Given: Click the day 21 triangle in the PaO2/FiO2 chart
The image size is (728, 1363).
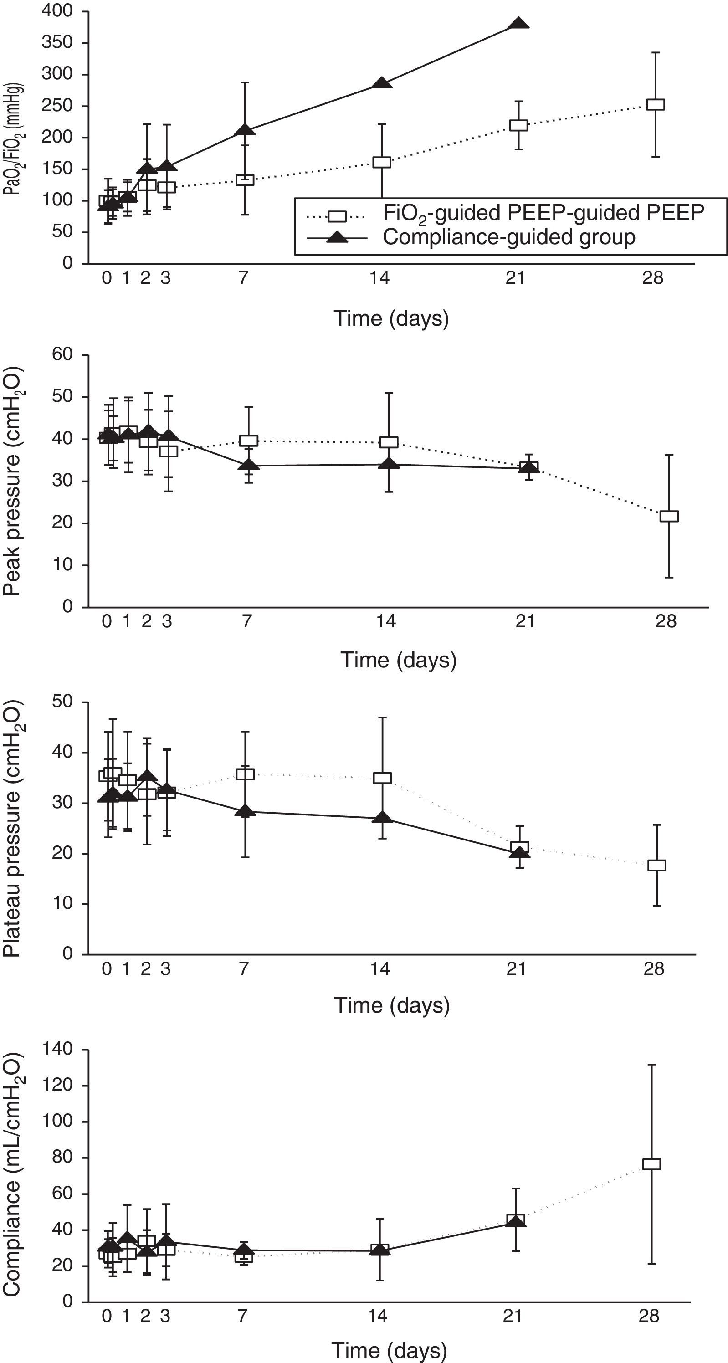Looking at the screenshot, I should click(518, 24).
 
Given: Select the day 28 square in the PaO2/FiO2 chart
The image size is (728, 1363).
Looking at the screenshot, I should click(656, 104).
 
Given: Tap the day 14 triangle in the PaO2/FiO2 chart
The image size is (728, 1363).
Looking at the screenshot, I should click(381, 84).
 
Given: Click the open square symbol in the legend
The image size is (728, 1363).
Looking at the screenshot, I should click(337, 216).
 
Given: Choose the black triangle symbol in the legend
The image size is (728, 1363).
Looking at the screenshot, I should click(337, 239).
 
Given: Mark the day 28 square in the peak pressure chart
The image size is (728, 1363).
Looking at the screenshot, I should click(669, 516).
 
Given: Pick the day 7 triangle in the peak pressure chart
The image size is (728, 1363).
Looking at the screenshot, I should click(249, 466).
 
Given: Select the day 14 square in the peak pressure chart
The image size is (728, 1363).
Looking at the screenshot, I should click(389, 442).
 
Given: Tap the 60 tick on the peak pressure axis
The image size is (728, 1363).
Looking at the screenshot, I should click(62, 354).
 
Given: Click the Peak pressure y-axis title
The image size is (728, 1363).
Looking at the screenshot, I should click(13, 481).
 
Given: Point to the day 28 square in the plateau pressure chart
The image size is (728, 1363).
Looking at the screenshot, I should click(656, 866).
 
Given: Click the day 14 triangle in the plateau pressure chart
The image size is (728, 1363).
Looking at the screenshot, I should click(382, 818).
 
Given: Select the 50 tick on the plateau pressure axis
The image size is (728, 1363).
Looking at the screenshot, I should click(62, 702).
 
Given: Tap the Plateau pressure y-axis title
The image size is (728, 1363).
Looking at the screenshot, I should click(13, 829).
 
